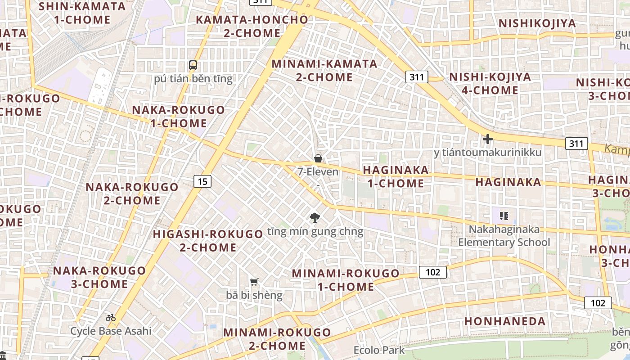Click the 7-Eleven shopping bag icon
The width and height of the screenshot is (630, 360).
point(318,158)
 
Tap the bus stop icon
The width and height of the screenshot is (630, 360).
point(193,65)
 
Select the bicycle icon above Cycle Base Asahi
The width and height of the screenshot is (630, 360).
point(111,318)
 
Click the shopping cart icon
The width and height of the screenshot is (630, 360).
point(254,282)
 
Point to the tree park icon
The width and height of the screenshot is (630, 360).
point(315,218)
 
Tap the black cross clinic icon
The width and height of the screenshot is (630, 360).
point(487,139)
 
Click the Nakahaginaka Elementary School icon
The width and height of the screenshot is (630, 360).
point(504,216)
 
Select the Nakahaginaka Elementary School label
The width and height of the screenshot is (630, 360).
point(504,236)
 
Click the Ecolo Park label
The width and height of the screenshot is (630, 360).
point(379,350)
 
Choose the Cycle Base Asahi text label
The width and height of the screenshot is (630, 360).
point(111,331)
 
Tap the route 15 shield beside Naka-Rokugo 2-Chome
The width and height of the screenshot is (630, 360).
point(202,181)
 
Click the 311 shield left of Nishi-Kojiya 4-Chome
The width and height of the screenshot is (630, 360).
point(416,77)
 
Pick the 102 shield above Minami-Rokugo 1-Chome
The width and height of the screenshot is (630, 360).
point(432,272)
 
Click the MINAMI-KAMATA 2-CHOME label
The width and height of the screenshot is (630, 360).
point(324,70)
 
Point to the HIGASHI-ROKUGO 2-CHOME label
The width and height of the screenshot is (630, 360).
point(208,241)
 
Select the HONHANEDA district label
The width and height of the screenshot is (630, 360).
point(505,321)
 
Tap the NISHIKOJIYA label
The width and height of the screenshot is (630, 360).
point(537,23)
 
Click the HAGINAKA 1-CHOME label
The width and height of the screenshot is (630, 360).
point(396,176)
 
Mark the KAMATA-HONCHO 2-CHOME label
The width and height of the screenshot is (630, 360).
point(252,26)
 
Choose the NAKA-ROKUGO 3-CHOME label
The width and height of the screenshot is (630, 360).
point(99,277)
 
